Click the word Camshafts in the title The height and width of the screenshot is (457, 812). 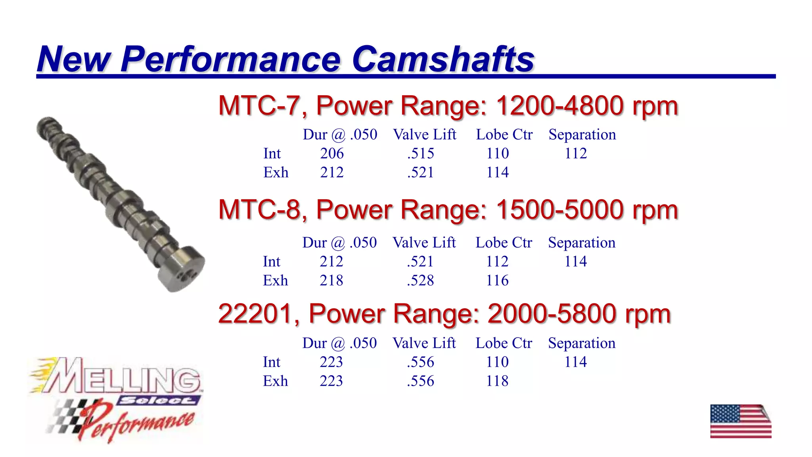click(x=443, y=60)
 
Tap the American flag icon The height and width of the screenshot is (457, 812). click(x=740, y=421)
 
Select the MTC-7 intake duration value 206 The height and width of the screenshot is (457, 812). click(x=332, y=154)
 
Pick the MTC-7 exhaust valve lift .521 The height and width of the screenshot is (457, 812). click(x=420, y=173)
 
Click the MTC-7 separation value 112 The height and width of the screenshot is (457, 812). click(x=576, y=154)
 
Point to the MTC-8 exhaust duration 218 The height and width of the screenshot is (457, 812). click(x=331, y=280)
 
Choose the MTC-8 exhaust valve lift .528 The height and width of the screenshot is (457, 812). click(x=420, y=280)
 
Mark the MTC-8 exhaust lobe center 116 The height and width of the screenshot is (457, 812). click(x=497, y=280)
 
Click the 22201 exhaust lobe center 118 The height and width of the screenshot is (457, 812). click(x=497, y=381)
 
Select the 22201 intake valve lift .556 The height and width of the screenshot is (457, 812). click(x=420, y=362)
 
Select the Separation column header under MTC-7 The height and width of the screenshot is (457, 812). click(x=582, y=135)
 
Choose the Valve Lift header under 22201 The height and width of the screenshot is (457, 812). click(x=424, y=343)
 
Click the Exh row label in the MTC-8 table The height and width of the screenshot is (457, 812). click(x=275, y=280)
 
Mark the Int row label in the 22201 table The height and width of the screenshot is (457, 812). click(x=271, y=362)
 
